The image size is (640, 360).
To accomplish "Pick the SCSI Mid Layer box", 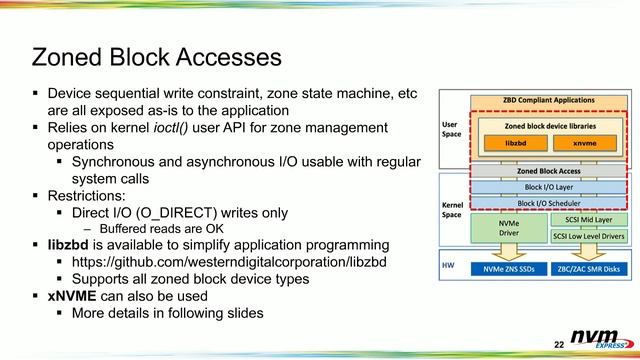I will pos(581,218).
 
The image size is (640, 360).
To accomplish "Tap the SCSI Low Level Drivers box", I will pos(581,236).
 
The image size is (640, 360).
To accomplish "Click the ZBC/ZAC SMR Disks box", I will pos(581,270).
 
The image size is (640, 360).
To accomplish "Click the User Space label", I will pos(451,130).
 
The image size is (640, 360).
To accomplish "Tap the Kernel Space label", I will pos(452,209).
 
